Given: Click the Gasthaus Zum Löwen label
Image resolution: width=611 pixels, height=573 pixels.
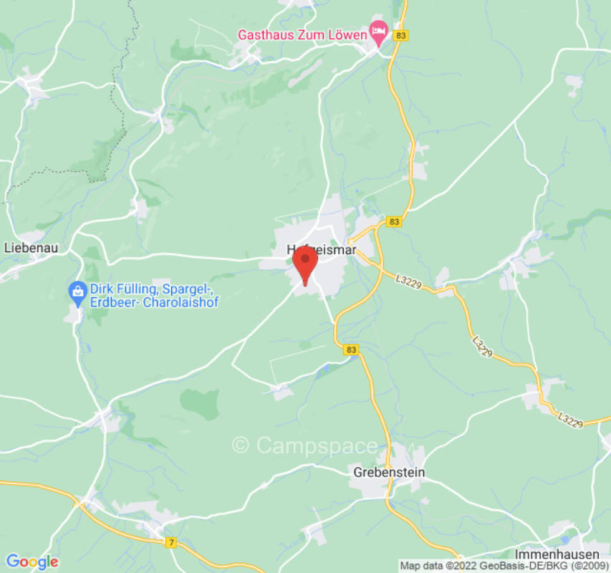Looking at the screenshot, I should [302, 34].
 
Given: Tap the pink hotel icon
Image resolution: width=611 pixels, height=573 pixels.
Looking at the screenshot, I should [378, 31].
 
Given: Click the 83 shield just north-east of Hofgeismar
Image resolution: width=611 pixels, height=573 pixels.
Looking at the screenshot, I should [393, 222].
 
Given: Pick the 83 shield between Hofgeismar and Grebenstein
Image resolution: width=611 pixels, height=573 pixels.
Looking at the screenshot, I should [351, 350].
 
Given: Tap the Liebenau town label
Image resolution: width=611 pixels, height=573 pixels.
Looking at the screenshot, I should [31, 248].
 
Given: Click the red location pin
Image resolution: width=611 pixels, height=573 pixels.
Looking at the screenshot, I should [305, 262].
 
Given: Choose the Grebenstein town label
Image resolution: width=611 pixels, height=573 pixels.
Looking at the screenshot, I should [389, 472].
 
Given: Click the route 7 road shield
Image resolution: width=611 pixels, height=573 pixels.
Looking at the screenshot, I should [170, 543].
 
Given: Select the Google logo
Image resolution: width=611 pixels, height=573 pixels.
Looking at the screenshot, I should [32, 562].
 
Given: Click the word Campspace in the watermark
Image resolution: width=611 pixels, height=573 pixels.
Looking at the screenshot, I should [316, 446].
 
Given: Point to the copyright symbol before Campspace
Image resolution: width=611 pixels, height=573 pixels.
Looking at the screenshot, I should [241, 446].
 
